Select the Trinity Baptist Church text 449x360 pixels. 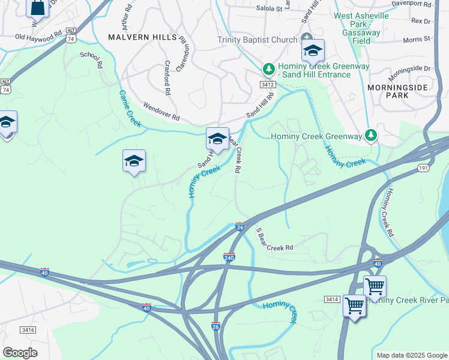click(258, 40)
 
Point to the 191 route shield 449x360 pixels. click(423, 169)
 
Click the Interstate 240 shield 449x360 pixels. click(229, 257)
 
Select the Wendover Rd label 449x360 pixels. click(161, 110)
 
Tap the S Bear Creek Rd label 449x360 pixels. click(274, 239)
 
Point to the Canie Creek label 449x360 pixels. click(130, 109)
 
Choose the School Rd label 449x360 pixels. click(91, 59)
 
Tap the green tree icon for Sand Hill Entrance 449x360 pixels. click(268, 67)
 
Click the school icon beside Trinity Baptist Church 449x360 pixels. click(312, 52)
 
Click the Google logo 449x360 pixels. click(20, 353)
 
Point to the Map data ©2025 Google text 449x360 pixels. click(412, 355)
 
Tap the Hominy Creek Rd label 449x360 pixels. click(391, 213)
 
